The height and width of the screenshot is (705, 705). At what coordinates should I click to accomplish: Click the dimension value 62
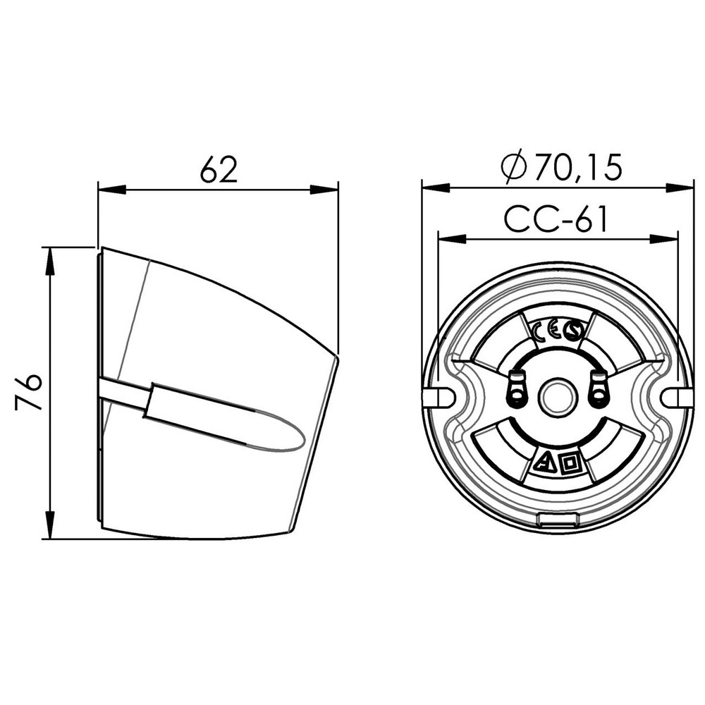point(219,169)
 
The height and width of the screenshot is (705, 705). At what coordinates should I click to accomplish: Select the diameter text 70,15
point(578,168)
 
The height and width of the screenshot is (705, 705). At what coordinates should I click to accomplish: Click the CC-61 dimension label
point(556,220)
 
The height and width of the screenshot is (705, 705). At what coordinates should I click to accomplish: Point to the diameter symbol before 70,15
point(514,168)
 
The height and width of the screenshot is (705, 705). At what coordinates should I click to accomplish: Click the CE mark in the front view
point(546,331)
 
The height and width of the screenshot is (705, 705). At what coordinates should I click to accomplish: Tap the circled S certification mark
point(573,331)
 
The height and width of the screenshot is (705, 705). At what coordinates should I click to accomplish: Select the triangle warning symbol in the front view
point(544,463)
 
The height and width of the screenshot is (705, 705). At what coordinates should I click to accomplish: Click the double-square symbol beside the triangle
point(570,463)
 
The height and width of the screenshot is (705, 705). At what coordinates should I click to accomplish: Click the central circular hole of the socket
point(557,398)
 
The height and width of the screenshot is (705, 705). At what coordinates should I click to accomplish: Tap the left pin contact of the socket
point(517,390)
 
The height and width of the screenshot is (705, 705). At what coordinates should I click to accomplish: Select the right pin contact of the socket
point(599,390)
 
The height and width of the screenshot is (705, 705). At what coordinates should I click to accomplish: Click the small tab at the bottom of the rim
point(557,521)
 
